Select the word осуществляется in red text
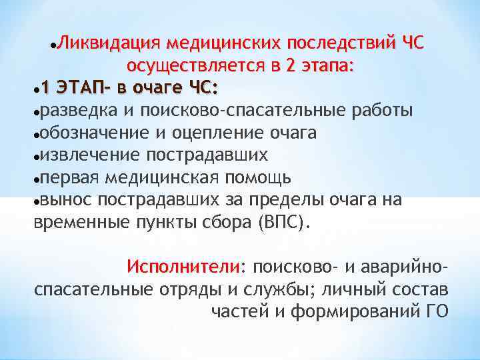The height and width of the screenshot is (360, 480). (x=194, y=66)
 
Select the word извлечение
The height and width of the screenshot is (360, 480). (x=85, y=155)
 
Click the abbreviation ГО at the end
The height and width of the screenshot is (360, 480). (x=435, y=311)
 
